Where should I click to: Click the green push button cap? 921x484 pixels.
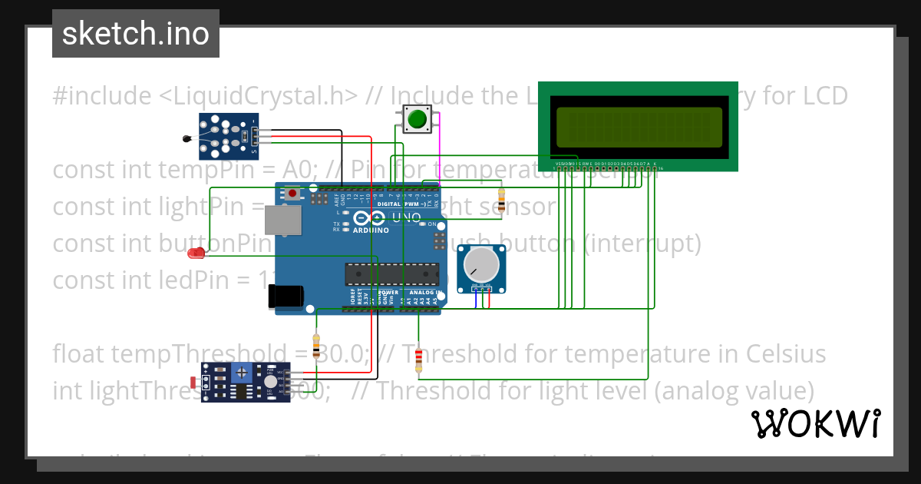[417, 119]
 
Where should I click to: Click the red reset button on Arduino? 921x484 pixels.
[292, 194]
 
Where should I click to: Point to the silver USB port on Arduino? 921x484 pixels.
[283, 220]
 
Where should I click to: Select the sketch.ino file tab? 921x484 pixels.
[136, 34]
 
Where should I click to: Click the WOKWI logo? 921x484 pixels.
[815, 423]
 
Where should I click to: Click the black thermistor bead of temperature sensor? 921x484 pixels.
[187, 139]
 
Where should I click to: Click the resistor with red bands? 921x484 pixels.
[418, 360]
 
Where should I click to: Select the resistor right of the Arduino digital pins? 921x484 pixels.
[501, 201]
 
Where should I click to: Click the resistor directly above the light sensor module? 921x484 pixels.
[317, 346]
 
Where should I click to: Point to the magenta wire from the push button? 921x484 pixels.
[438, 154]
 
